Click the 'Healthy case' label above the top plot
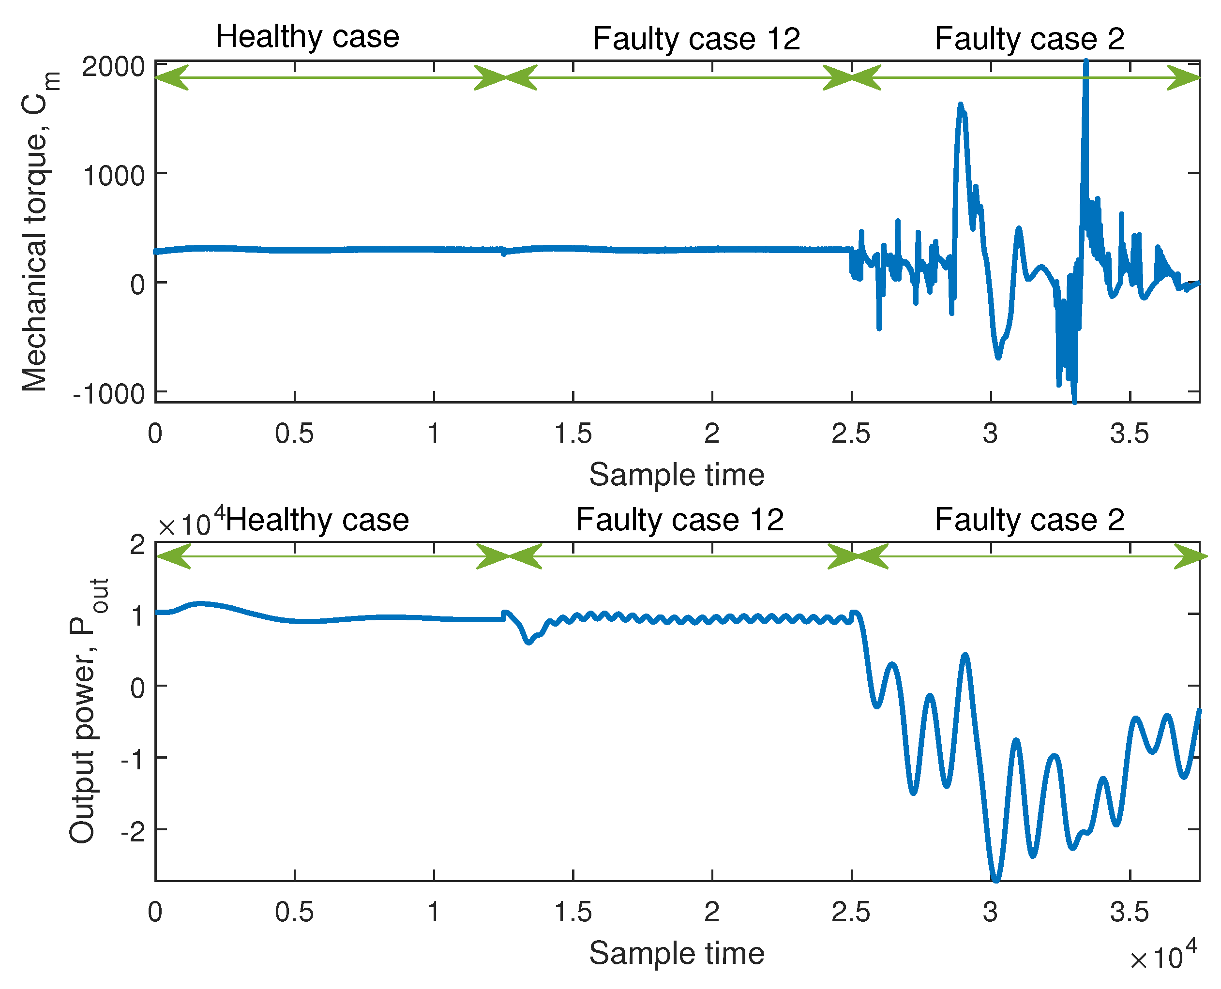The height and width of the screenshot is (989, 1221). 307,37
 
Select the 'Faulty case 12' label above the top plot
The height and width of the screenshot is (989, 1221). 696,39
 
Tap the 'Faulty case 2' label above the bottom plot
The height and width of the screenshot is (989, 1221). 1029,520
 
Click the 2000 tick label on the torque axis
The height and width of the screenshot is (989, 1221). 113,67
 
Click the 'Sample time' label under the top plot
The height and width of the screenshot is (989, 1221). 676,475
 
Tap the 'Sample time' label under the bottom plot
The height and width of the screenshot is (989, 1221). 676,953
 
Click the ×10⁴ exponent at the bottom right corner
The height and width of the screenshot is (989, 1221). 1163,958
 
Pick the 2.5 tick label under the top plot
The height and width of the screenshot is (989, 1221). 850,434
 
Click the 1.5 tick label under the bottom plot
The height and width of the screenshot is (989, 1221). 573,913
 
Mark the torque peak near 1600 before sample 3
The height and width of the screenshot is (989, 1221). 961,106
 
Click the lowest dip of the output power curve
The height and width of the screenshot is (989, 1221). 996,879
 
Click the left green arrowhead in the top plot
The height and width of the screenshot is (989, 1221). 171,78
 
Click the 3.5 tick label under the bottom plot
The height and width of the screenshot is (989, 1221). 1129,913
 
